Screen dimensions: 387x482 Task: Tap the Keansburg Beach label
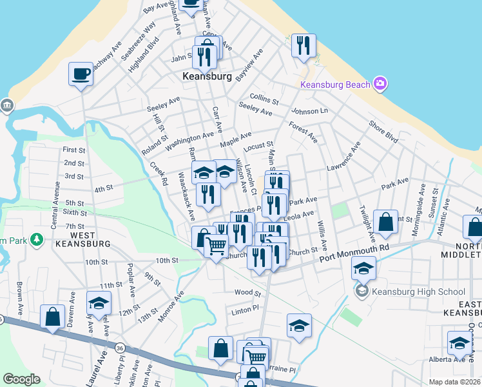click(x=335, y=85)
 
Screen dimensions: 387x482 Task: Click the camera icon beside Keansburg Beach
click(x=380, y=83)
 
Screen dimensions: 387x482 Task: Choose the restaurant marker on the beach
click(x=302, y=45)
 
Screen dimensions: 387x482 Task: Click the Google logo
click(x=21, y=379)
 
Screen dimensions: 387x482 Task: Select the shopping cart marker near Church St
click(x=216, y=244)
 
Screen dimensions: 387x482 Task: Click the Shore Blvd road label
click(x=383, y=130)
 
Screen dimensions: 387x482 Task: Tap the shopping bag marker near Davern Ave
click(x=52, y=317)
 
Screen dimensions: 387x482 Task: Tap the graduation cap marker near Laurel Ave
click(x=99, y=303)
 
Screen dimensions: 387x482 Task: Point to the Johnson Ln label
click(x=309, y=111)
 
